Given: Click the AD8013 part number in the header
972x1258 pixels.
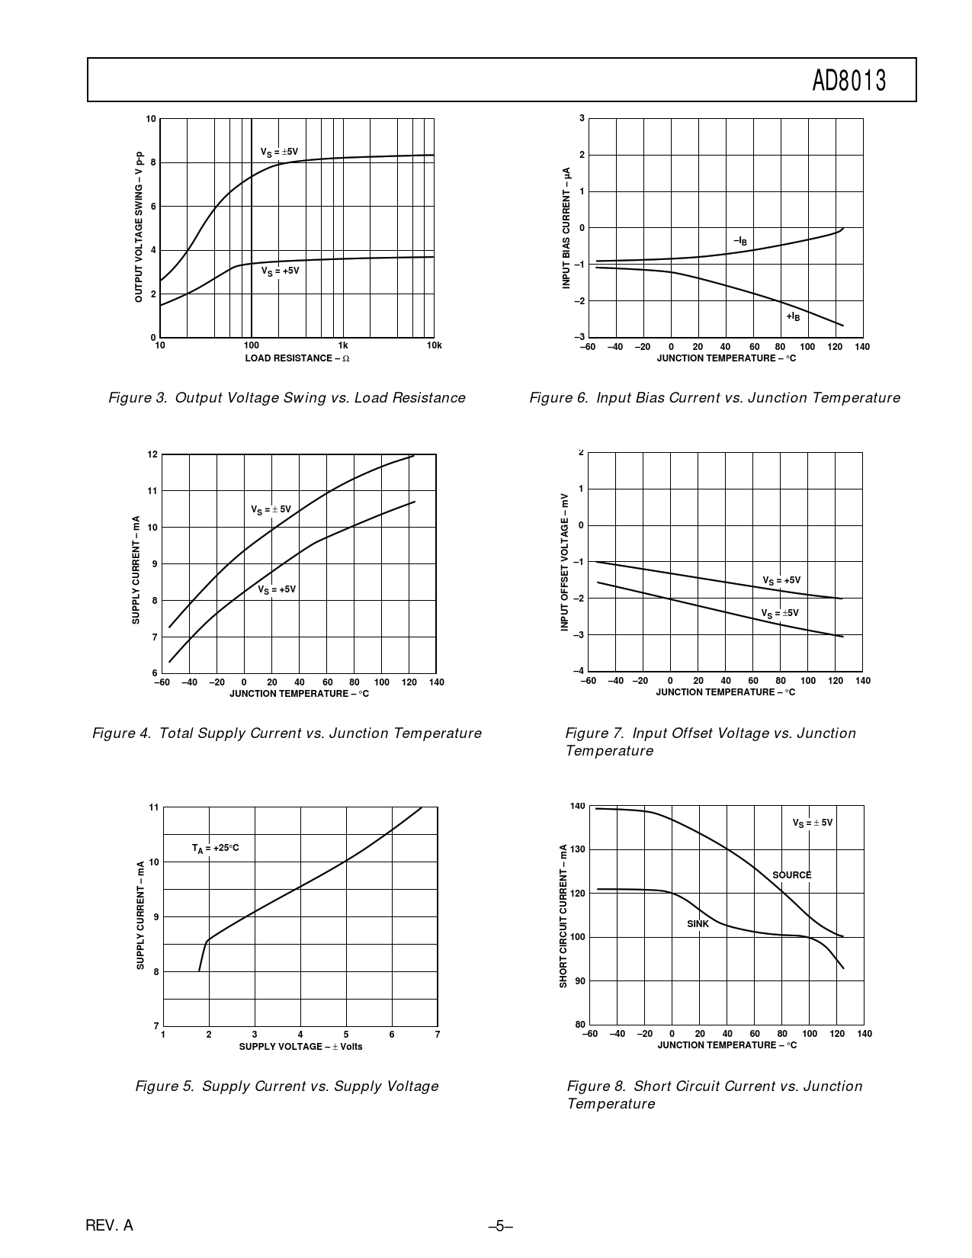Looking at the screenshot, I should tap(848, 80).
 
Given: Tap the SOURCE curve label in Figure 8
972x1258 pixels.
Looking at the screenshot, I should tap(791, 875).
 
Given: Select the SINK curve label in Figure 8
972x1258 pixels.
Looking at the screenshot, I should tap(698, 924).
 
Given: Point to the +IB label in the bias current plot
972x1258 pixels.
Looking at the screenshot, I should tap(793, 316).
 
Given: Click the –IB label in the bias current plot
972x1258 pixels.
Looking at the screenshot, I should tap(740, 241).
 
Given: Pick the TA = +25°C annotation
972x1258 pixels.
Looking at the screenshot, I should tap(215, 848).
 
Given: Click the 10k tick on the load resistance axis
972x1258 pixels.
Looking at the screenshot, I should tap(434, 345).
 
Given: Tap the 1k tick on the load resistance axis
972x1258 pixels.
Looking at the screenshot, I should tap(343, 345).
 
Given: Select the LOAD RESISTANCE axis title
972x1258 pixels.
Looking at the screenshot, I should tap(297, 358).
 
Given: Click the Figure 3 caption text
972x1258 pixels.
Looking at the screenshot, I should tap(287, 398).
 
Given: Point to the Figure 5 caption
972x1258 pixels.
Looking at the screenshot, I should tap(287, 1086).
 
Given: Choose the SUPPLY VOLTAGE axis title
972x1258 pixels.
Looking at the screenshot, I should tap(300, 1047).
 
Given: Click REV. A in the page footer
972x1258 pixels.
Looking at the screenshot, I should tap(109, 1226).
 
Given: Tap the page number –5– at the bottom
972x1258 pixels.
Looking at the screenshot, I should tap(500, 1226).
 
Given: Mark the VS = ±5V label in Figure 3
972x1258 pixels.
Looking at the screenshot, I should tap(279, 152).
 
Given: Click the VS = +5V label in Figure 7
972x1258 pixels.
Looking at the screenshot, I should tap(781, 581).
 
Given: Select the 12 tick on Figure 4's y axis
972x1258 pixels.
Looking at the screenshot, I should tap(152, 454).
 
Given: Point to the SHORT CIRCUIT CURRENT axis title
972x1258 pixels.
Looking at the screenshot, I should tap(564, 916).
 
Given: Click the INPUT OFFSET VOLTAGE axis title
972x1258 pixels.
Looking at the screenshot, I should tap(565, 561).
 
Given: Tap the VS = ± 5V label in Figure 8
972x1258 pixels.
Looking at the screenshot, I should tap(812, 823).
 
